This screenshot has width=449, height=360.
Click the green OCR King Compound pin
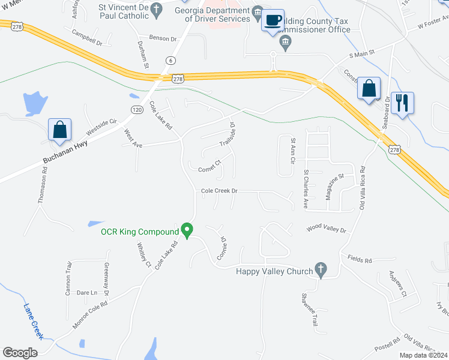187,230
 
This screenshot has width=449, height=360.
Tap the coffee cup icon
273,20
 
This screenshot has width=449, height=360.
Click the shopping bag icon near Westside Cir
60,129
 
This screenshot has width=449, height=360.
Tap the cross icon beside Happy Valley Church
322,271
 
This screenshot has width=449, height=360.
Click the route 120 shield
137,109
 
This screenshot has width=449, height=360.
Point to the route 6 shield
172,60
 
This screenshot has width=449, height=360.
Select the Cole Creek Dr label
219,191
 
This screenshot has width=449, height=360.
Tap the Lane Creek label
32,321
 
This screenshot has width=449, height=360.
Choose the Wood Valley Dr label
327,229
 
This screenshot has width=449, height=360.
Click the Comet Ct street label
210,166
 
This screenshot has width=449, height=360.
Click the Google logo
20,353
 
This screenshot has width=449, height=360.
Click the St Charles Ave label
306,189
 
